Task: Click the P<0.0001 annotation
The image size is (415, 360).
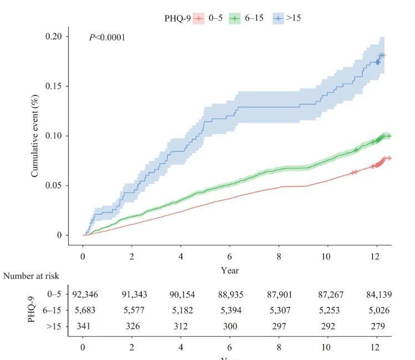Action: tap(107, 38)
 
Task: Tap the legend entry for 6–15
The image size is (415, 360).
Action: tap(250, 18)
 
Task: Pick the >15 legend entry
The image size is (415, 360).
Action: tap(289, 18)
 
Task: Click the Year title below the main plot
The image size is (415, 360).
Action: tap(229, 271)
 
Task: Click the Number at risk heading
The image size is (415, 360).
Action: tap(30, 276)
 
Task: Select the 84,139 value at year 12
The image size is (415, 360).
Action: tap(376, 294)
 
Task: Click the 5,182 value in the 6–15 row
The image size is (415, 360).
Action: tap(181, 310)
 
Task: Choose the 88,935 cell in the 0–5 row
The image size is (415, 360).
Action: tap(229, 294)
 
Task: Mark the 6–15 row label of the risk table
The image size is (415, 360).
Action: tap(52, 310)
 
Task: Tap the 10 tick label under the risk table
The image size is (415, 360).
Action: tap(327, 347)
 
